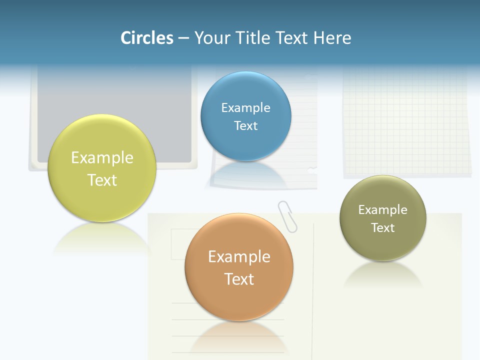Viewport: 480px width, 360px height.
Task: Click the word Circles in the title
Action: point(147,38)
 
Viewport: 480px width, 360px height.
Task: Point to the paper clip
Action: point(287,216)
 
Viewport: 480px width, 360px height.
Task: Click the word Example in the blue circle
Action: point(245,108)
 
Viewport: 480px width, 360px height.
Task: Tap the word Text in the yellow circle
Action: point(102,180)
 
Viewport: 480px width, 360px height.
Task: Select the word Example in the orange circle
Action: point(239,256)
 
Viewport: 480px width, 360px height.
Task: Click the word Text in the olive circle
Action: point(382,228)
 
